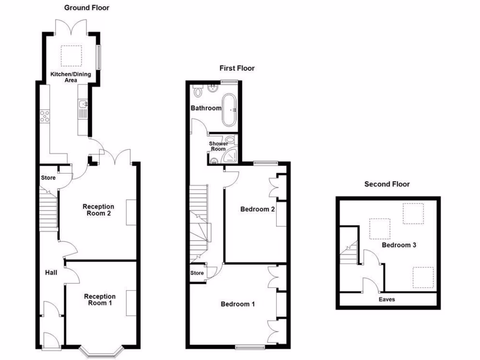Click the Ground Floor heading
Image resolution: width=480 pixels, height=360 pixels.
87,7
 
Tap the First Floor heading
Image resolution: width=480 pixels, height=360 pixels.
237,68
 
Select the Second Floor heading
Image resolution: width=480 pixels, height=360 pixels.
387,184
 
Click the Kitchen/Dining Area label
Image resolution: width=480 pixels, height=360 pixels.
71,77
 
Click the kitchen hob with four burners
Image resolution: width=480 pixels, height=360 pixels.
45,115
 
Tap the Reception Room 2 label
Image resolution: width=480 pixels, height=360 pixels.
98,210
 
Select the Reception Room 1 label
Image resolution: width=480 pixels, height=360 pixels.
99,300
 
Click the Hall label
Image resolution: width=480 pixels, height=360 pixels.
51,272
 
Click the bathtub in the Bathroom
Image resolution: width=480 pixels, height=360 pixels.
229,110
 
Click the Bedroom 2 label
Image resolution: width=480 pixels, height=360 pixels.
257,209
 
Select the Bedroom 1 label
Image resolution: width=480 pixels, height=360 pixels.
238,304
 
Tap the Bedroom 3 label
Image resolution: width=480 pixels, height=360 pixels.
399,245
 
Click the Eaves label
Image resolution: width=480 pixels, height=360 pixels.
387,299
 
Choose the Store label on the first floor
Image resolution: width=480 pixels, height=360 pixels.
197,273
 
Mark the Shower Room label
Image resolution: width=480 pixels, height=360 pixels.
218,146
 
